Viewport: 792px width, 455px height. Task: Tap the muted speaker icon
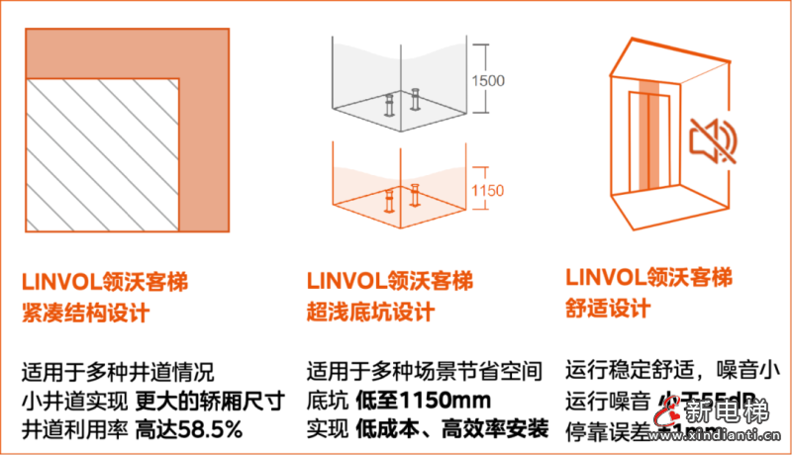coord(716,138)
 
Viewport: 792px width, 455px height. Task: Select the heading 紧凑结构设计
coord(85,314)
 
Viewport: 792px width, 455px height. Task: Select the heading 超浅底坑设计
coord(370,313)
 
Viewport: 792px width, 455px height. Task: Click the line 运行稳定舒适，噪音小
coord(668,372)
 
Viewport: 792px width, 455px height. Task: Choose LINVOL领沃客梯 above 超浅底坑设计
coord(389,280)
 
